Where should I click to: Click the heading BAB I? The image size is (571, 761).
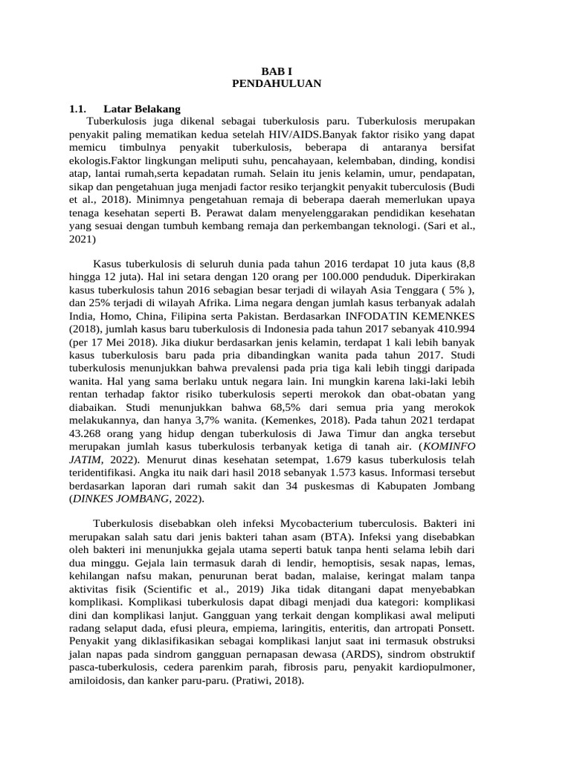coord(277,71)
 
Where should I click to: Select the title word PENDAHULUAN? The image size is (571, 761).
coord(277,83)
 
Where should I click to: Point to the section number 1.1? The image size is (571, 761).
coord(78,109)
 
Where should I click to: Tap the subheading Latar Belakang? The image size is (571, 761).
coord(142,109)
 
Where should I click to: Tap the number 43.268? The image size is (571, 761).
coord(89,433)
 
